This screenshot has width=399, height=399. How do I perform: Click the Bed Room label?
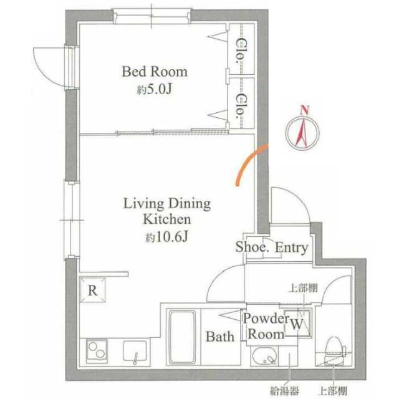tap(155, 72)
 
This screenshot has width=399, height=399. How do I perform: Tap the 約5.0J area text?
tap(155, 89)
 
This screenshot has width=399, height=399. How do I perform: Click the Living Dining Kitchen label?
tap(167, 211)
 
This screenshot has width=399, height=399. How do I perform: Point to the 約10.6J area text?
tap(166, 237)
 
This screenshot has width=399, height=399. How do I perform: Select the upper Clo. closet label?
tap(241, 51)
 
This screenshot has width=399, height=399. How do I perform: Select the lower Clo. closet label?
tap(241, 107)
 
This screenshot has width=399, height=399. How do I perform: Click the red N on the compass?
tap(304, 110)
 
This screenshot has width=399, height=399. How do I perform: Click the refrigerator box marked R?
tap(93, 290)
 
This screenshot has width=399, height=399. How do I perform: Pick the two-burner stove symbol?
tap(97, 351)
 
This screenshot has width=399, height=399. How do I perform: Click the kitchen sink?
tap(135, 352)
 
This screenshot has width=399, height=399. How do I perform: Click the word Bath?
tap(220, 337)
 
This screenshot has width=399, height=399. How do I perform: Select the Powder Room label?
tap(266, 326)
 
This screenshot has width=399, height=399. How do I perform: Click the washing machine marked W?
tap(298, 323)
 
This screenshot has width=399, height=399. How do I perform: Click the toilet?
tap(333, 350)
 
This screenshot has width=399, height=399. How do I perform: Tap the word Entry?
tap(292, 248)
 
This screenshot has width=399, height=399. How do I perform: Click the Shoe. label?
tap(252, 247)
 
